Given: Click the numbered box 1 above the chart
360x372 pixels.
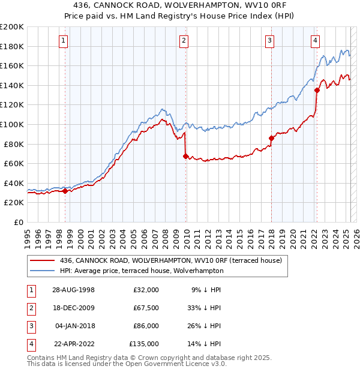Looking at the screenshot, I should tap(64, 41).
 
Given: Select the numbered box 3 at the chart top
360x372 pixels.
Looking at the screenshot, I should tap(270, 41).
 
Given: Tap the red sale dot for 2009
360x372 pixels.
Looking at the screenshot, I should tap(185, 156).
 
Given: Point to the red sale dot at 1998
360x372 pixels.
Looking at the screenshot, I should tap(65, 191).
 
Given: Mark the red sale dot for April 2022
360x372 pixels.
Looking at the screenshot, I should tap(316, 90).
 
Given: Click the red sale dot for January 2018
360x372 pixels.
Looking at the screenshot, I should tap(271, 138).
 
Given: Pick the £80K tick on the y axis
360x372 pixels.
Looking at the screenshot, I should tap(14, 144).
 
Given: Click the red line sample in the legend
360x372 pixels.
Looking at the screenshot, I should tap(42, 260).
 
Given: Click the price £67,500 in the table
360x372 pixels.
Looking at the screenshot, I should tap(146, 308).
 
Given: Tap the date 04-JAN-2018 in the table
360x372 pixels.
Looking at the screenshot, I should tap(74, 326).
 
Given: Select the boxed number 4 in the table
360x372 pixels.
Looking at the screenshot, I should tap(31, 344).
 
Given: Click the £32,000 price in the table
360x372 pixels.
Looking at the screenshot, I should tap(146, 290).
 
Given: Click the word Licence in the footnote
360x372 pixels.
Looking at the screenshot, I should tap(184, 364).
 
